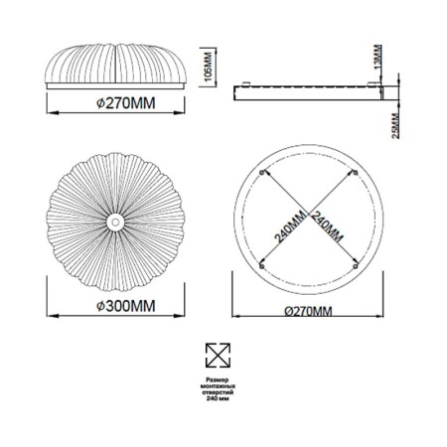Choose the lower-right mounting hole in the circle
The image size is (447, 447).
click(x=358, y=266)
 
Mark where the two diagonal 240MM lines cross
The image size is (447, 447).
click(x=309, y=218)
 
